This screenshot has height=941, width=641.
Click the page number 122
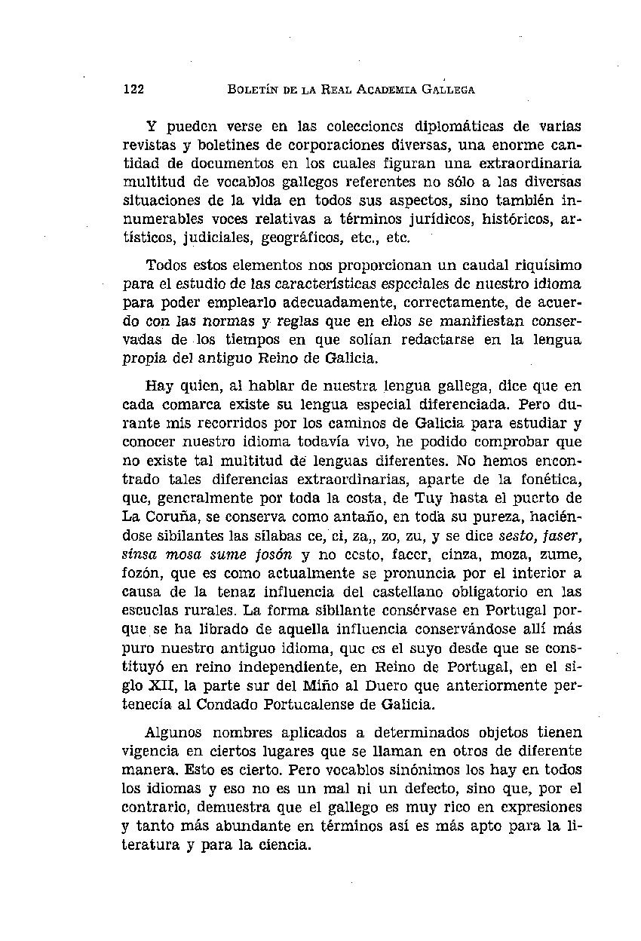pos(133,90)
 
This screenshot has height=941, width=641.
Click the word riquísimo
pos(541,265)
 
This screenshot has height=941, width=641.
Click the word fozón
pos(142,572)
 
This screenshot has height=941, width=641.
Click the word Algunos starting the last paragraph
pos(173,733)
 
